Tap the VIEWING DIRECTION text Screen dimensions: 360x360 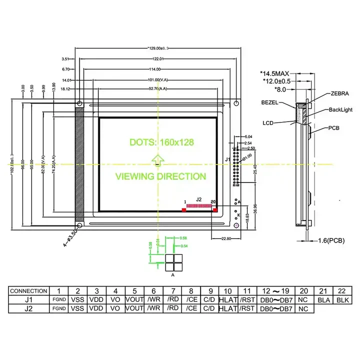coord(160,176)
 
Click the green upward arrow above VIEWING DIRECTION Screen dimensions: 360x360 coord(157,159)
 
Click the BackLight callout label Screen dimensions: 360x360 coord(340,109)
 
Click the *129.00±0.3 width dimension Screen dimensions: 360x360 coord(155,48)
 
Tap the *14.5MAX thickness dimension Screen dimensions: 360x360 coord(278,73)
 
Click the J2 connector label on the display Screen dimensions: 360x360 coord(198,199)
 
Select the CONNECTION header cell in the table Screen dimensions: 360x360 coord(29,291)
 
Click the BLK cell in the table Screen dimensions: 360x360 coord(341,299)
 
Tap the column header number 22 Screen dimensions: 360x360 coord(341,291)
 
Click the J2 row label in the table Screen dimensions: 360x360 coord(29,308)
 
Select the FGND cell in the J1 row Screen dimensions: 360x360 coord(59,300)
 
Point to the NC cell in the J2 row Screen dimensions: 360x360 coord(303,308)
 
